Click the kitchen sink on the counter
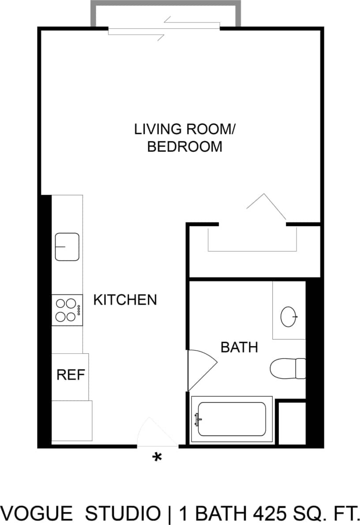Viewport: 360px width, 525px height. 67,247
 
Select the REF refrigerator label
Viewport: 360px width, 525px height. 71,375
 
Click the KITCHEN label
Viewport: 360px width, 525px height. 125,300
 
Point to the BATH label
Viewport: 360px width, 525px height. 239,347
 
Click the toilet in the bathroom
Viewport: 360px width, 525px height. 287,368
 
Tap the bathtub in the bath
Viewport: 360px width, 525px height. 232,419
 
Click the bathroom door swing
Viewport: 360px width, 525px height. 201,369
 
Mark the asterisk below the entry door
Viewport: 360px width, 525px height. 157,457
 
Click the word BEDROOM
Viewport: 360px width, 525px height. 184,147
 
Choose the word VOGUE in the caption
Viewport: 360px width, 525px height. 37,514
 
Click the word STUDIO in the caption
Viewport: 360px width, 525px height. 123,514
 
